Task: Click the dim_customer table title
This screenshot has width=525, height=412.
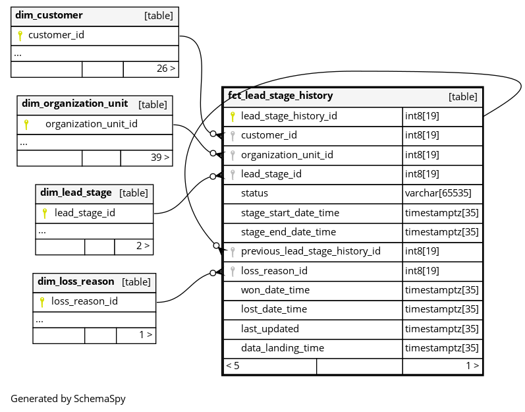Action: pos(49,15)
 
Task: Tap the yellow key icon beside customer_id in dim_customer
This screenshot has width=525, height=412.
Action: pos(20,36)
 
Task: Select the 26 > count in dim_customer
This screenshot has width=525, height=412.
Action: pos(166,69)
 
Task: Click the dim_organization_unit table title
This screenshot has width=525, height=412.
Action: pos(74,103)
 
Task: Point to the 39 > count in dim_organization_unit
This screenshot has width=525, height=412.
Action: pos(160,157)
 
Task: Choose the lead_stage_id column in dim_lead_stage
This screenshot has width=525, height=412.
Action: pos(85,213)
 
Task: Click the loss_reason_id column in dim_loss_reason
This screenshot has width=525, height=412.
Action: pos(84,301)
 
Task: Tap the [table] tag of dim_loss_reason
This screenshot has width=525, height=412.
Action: pos(136,281)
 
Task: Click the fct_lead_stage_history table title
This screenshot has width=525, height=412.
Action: pos(280,96)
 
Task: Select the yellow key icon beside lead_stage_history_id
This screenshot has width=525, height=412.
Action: pos(233,117)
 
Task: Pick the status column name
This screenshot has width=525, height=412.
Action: pos(254,193)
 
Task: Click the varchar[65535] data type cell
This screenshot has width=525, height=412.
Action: pos(438,193)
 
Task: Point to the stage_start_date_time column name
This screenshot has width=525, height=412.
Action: pos(290,213)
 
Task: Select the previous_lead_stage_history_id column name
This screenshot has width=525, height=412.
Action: pos(311,251)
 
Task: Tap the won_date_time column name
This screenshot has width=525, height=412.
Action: pos(275,290)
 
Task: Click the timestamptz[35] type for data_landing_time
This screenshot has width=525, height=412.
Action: pos(441,348)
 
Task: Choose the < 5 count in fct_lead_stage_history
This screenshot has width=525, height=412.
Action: pos(233,366)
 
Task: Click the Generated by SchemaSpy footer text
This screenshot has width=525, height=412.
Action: pos(68,399)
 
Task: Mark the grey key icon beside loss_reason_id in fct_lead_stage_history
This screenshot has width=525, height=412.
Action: pos(233,272)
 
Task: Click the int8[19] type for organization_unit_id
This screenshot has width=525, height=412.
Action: pos(422,155)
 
